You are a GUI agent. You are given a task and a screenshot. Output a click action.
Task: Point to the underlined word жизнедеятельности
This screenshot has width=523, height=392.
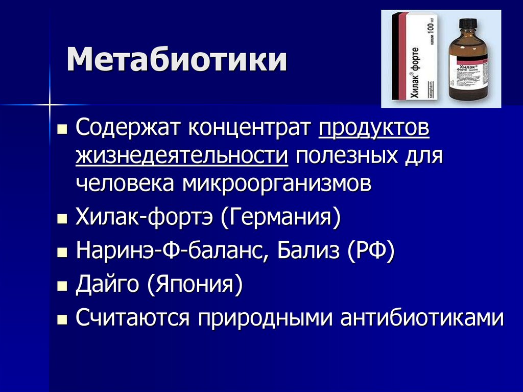tap(182, 154)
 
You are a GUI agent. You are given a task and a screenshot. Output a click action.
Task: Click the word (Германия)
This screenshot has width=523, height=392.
tap(280, 220)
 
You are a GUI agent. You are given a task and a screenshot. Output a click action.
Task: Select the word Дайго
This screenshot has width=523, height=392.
tap(108, 284)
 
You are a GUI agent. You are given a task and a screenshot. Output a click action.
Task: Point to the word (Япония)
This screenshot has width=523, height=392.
tap(194, 285)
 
